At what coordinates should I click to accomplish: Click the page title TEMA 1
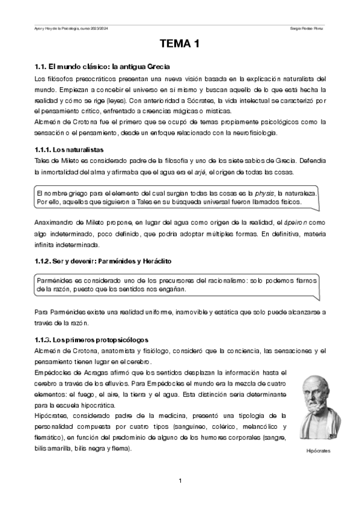pos(179,45)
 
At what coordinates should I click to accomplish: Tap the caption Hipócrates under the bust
pos(319,450)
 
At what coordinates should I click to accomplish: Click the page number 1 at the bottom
pos(180,480)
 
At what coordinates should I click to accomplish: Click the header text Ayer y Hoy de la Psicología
pos(58,28)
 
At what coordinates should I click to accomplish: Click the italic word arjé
pos(199,173)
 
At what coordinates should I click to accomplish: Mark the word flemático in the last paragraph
pos(52,438)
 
